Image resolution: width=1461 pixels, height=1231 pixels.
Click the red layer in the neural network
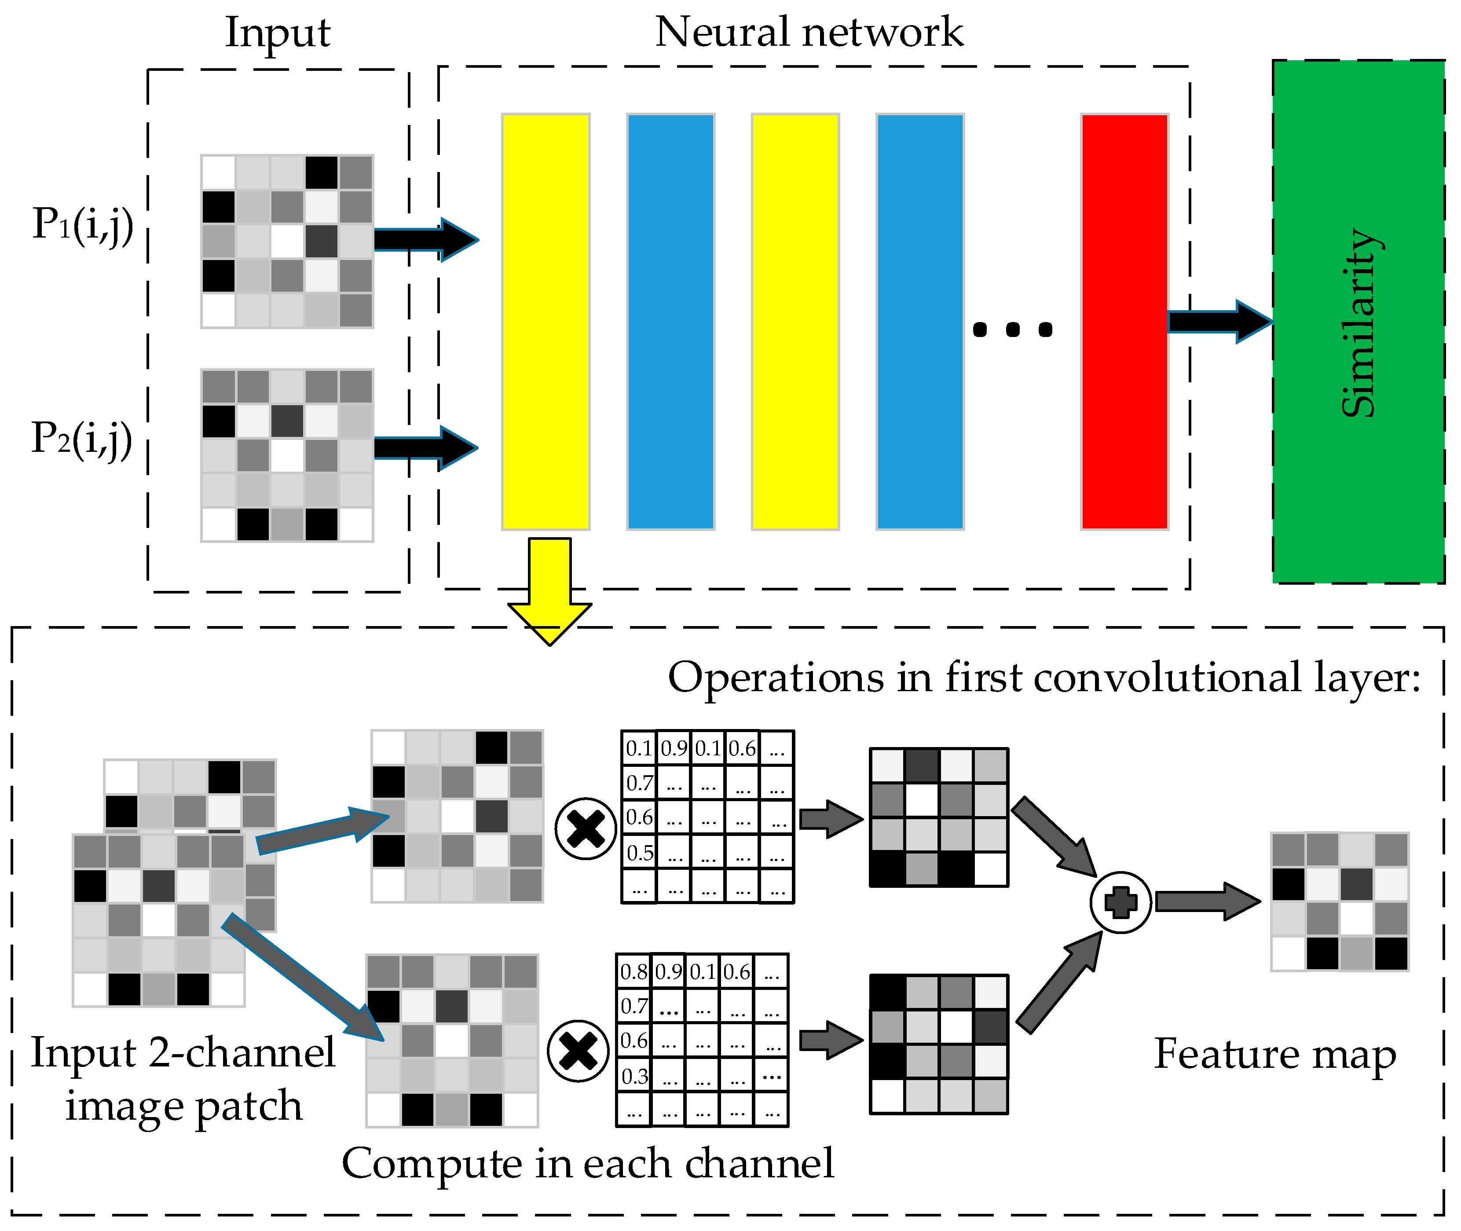pyautogui.click(x=1124, y=322)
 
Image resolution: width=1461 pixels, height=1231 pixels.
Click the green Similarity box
pyautogui.click(x=1358, y=322)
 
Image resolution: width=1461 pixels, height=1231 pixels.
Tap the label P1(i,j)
pyautogui.click(x=82, y=225)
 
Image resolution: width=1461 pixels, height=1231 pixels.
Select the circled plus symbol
pyautogui.click(x=1120, y=902)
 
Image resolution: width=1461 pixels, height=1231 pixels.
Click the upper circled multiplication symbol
pyautogui.click(x=586, y=828)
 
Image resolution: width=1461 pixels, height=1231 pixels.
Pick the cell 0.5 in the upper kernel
pyautogui.click(x=639, y=853)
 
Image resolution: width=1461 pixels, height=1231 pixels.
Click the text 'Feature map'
pyautogui.click(x=1275, y=1054)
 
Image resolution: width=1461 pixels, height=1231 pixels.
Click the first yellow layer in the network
pyautogui.click(x=546, y=322)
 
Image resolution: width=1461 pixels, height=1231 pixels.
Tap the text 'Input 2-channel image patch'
pyautogui.click(x=183, y=1079)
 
